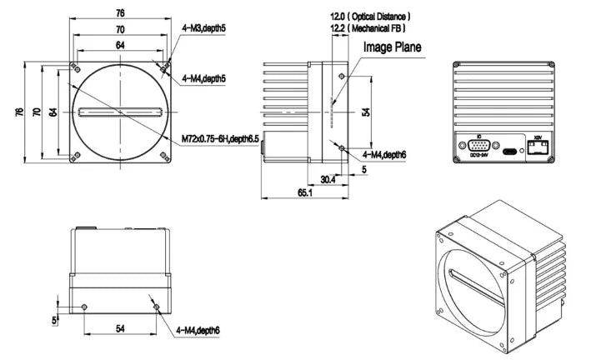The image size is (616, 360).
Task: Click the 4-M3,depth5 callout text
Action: coord(203,27)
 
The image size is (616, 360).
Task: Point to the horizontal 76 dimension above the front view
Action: coord(120,12)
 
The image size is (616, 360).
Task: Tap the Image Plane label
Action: coord(391,47)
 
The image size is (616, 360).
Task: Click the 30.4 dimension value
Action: coord(328,178)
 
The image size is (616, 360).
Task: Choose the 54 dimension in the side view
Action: coord(364,112)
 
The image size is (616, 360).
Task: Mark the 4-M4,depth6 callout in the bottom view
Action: coord(198,331)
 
